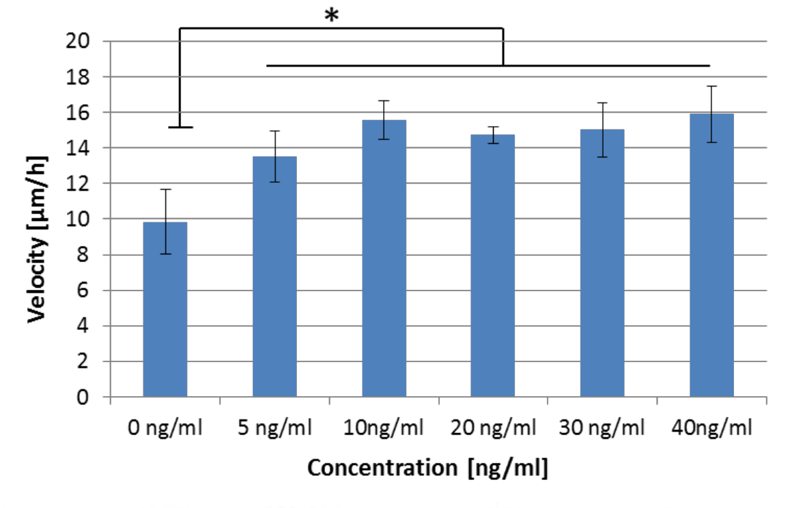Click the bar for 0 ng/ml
165,310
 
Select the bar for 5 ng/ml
274,276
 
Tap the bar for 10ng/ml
384,259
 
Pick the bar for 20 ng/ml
493,266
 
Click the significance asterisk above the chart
332,16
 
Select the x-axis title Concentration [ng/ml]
428,468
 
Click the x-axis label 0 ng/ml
165,428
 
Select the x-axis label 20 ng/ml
493,428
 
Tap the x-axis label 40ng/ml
711,428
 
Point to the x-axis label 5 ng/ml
274,428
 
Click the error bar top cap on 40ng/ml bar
711,86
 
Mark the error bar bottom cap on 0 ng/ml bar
165,254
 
